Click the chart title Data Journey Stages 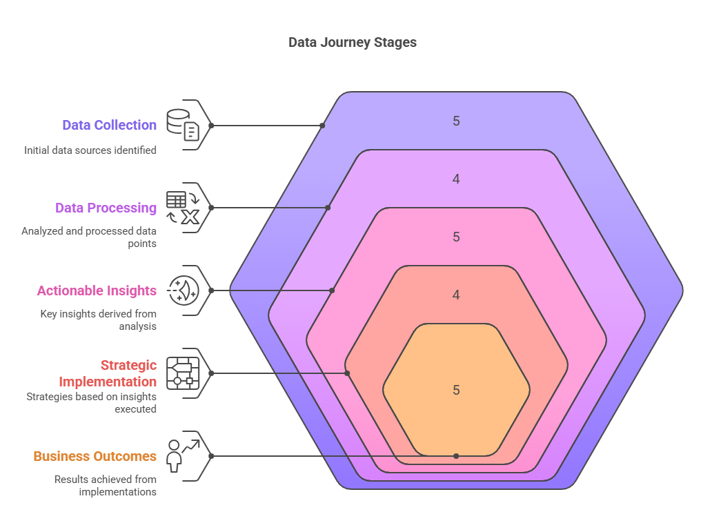click(352, 42)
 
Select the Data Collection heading click(109, 125)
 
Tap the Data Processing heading click(106, 208)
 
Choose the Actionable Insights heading click(97, 290)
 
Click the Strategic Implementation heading click(108, 373)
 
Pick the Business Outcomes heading click(95, 456)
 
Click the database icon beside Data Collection click(183, 125)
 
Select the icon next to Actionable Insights click(183, 290)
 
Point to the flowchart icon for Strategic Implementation click(183, 373)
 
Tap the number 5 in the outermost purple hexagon click(456, 121)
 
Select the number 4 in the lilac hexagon click(456, 179)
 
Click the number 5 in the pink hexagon click(456, 237)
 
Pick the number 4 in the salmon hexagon click(456, 295)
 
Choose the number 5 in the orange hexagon click(456, 390)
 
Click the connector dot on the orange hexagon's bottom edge click(456, 456)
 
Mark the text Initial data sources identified click(90, 150)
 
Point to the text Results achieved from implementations click(106, 485)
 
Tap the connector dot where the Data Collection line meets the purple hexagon click(323, 126)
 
